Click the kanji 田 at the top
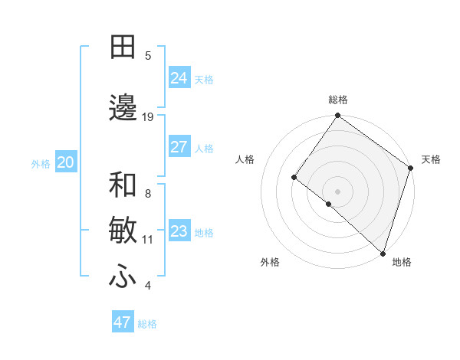123,48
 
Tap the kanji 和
123,185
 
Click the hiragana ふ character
123,277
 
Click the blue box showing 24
179,78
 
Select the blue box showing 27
179,147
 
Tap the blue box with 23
179,231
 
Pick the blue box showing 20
66,162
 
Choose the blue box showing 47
122,322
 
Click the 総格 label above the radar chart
338,100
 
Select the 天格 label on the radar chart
431,159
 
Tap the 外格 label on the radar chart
270,262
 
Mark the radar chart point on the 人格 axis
294,177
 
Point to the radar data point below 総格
338,116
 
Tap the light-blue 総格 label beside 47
147,324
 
